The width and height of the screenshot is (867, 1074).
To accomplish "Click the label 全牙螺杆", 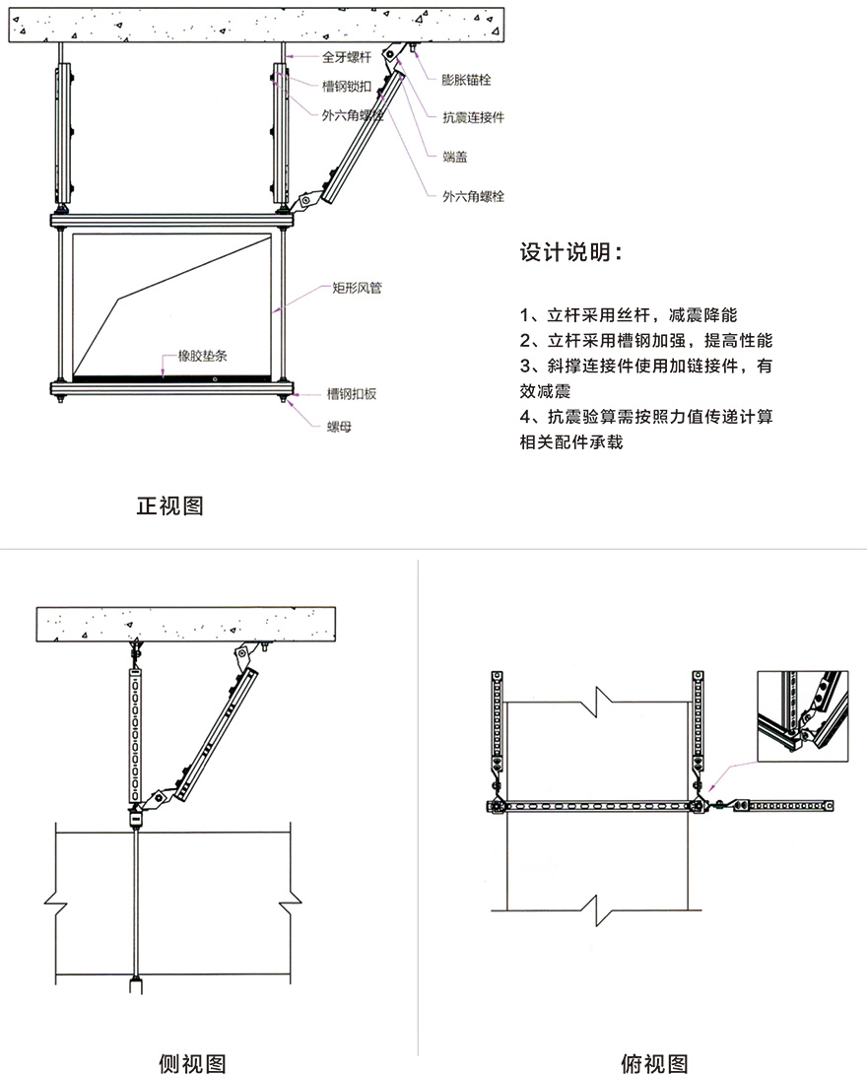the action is [x=347, y=57].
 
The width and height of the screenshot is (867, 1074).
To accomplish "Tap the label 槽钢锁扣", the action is [x=347, y=87].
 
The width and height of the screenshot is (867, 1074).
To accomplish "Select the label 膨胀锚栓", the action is [x=466, y=80].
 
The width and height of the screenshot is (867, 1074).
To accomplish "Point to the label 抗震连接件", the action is [x=473, y=117].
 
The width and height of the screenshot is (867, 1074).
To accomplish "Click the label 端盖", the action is [x=455, y=157].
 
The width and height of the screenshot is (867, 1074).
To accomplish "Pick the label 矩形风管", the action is [x=357, y=288].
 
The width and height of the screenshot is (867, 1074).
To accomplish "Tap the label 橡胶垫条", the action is [x=202, y=356].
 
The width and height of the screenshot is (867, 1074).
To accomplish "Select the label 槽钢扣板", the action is [x=352, y=394].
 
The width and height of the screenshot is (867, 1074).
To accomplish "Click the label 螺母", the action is [x=339, y=427].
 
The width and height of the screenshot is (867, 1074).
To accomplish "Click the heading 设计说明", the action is [x=570, y=252].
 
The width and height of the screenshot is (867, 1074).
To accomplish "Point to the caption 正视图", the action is [x=169, y=506].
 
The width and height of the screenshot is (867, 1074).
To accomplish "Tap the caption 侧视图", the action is [x=192, y=1063].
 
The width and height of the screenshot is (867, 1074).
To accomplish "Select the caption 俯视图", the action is [x=654, y=1063].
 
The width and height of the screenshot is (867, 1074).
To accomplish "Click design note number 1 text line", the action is [x=628, y=315].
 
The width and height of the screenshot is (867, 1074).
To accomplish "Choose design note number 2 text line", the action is [x=645, y=340].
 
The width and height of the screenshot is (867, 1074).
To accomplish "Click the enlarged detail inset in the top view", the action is [x=803, y=715].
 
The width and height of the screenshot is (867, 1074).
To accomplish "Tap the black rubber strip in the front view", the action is [x=171, y=377].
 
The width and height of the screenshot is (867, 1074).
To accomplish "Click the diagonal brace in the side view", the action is [x=215, y=734].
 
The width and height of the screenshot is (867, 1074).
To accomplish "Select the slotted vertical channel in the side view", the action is [x=136, y=736].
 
